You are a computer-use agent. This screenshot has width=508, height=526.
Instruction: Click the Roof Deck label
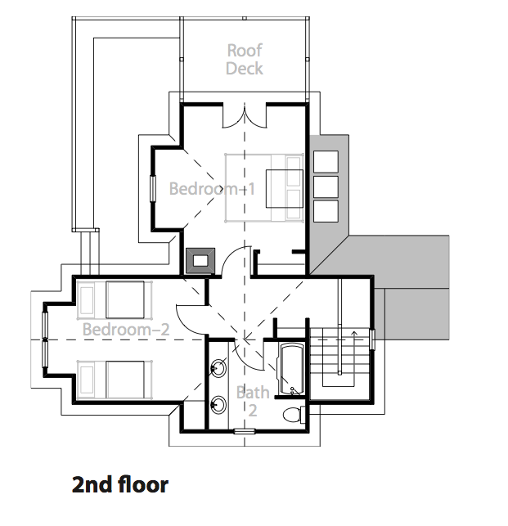coord(245,60)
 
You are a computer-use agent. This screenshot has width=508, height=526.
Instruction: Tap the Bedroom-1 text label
coord(212,188)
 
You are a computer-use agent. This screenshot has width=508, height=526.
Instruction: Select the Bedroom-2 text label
coord(126,330)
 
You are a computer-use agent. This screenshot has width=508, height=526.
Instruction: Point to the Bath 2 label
coord(253,401)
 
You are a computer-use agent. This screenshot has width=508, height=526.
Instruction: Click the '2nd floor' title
coord(119,485)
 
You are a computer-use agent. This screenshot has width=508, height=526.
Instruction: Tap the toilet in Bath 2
coord(294,415)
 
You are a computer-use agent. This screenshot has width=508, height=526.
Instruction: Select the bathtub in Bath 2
coord(291,369)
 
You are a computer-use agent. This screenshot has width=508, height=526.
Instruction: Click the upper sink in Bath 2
coord(218,369)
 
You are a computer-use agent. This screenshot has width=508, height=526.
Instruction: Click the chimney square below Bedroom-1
coord(200,261)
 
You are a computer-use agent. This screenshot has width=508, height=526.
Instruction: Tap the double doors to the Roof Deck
coord(245,116)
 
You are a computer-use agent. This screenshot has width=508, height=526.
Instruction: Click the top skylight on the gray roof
coord(326,161)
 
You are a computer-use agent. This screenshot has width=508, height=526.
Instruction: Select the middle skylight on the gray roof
coord(326,187)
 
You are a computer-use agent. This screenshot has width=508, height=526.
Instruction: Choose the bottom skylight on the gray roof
coord(326,211)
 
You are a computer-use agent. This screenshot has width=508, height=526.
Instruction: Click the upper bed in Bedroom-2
coord(115,300)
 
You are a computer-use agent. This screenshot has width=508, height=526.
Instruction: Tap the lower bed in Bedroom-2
coord(115,380)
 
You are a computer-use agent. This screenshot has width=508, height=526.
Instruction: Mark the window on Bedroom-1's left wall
coord(153,188)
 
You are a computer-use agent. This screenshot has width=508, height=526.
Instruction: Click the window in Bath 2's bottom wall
coord(245,431)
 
